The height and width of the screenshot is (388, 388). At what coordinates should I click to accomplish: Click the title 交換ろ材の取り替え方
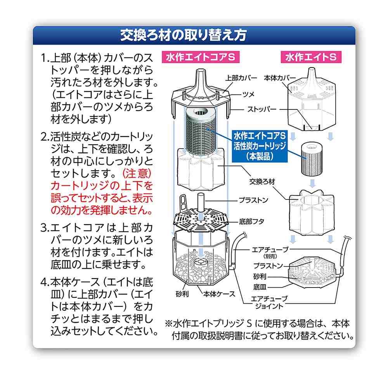point(184,35)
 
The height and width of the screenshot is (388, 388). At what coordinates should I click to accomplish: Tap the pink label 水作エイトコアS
point(201,57)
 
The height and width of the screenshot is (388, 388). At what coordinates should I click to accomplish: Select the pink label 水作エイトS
point(311,57)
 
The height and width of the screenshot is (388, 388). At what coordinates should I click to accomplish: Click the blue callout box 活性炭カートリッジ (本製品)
point(260,146)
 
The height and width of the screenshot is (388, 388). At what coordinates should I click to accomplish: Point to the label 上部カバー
point(241,78)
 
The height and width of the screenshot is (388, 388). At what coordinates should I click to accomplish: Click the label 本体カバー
point(280,78)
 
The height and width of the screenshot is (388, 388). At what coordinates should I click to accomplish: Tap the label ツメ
point(248,94)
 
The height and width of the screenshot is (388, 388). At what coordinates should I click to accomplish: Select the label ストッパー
point(262,109)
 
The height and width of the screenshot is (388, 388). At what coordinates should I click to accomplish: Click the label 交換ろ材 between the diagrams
point(262,182)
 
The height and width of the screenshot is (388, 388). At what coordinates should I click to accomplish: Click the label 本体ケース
point(219,294)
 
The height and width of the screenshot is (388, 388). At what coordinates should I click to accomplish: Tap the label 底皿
point(260,287)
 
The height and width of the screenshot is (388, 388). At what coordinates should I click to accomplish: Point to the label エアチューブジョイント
point(269,302)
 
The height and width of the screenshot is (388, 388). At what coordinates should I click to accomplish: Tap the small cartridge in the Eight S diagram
point(312,159)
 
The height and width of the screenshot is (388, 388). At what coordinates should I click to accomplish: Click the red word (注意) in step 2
point(137,173)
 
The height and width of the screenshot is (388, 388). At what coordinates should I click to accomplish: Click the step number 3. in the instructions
point(45,228)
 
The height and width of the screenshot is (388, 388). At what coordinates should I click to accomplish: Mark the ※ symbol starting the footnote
point(169,324)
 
